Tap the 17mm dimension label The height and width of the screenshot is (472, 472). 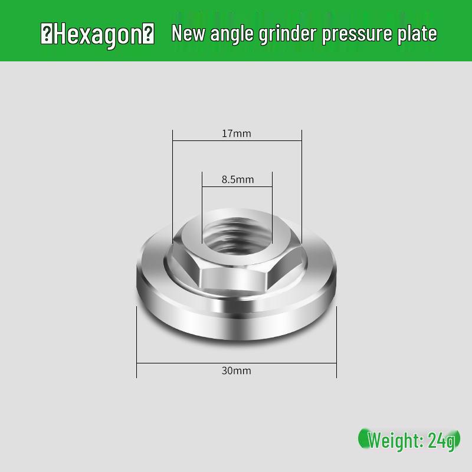pos(237,133)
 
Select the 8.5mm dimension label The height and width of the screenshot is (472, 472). pos(238,179)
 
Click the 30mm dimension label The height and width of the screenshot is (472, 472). pos(237,371)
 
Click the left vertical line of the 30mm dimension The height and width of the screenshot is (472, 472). pos(137,342)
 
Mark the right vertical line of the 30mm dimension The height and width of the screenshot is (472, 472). pos(336,342)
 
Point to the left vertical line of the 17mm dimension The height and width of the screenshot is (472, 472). pos(172,189)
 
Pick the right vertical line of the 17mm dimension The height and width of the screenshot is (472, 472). pos(301,189)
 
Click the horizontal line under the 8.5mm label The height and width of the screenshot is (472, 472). pos(237,188)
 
